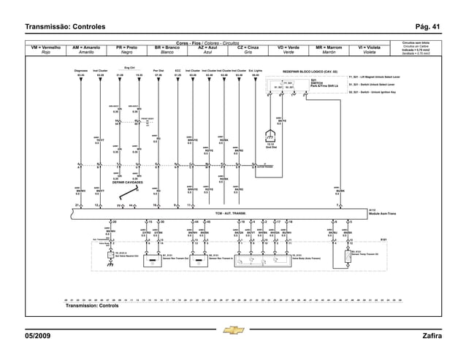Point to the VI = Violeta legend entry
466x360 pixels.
(370, 50)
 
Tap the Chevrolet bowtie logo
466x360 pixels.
(233, 330)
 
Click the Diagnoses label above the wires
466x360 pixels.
(81, 72)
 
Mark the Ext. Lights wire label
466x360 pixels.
(256, 72)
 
